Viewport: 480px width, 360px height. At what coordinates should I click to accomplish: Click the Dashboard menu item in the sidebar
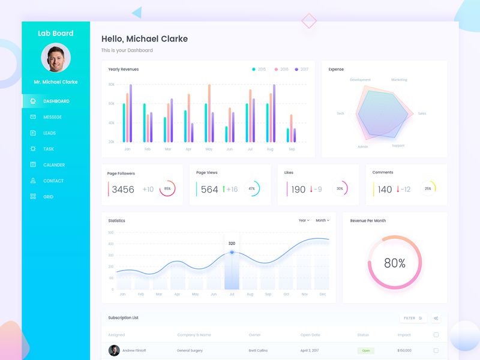tap(56, 101)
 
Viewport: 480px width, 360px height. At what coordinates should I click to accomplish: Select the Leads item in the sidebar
tap(49, 133)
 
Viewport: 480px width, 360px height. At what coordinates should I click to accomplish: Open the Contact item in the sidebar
tap(53, 181)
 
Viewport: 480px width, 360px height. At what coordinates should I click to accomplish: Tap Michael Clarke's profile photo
tap(56, 58)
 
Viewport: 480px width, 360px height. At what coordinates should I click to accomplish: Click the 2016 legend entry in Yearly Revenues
tap(281, 70)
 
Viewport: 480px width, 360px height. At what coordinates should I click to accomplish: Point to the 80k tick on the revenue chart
tap(112, 85)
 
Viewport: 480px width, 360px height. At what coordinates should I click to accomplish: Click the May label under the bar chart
tap(209, 149)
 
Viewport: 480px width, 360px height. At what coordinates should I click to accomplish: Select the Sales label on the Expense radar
tap(422, 113)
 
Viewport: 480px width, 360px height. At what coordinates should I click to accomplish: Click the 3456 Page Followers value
tap(123, 190)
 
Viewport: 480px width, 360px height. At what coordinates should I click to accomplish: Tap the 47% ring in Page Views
tap(251, 188)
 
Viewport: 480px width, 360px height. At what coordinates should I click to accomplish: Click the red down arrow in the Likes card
tap(311, 189)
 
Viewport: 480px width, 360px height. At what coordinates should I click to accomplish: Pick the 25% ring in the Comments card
tap(428, 188)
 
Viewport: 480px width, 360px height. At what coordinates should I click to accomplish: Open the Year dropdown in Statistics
tap(304, 221)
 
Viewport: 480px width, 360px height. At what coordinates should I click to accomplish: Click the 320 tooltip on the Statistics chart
tap(232, 244)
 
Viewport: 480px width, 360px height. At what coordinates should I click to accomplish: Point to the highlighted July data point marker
tap(232, 253)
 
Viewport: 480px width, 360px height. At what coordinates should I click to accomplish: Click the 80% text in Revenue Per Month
tap(394, 263)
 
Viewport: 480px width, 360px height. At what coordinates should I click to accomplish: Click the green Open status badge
tap(365, 350)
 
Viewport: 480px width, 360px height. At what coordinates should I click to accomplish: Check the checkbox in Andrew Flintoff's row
tap(436, 350)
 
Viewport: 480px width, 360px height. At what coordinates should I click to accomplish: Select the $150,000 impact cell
tap(404, 350)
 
